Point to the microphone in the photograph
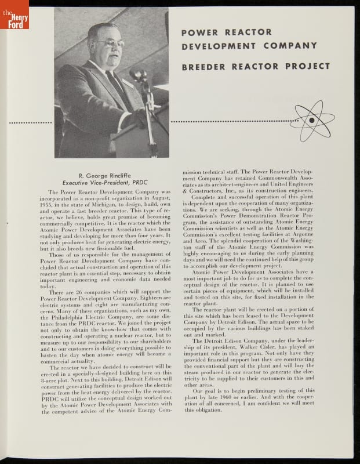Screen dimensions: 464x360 pyautogui.click(x=138, y=75)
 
